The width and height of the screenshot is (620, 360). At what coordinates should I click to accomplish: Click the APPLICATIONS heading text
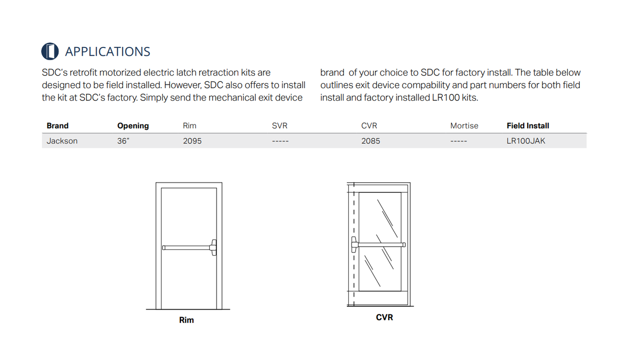[x=108, y=51]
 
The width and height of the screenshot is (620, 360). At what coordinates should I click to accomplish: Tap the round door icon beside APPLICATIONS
[x=50, y=51]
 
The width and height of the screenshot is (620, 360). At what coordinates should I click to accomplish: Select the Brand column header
[x=58, y=125]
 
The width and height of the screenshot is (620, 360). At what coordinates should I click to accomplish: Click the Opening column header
[x=133, y=125]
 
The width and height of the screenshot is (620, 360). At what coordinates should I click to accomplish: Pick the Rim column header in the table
[x=189, y=125]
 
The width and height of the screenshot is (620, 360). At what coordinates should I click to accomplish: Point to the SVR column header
[x=279, y=125]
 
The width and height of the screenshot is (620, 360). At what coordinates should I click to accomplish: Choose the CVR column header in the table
[x=369, y=125]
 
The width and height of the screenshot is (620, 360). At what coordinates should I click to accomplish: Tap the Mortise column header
[x=464, y=125]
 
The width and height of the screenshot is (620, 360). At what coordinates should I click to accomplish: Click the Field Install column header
[x=528, y=125]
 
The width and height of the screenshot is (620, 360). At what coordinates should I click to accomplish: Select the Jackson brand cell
[x=62, y=141]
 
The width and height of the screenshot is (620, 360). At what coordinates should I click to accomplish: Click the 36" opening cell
[x=123, y=141]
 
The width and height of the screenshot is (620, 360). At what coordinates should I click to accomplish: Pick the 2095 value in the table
[x=192, y=141]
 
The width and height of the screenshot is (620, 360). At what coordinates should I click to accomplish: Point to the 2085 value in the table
[x=371, y=141]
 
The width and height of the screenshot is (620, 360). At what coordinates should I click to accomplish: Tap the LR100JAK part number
[x=526, y=141]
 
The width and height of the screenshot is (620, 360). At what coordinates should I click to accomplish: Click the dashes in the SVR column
[x=280, y=141]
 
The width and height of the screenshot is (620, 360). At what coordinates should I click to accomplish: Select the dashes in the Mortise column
[x=459, y=141]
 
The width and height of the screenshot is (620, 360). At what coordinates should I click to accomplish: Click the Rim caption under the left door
[x=186, y=320]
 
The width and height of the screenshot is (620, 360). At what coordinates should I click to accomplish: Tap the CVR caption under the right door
[x=385, y=317]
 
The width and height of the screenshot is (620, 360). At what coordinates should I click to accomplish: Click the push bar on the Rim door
[x=189, y=248]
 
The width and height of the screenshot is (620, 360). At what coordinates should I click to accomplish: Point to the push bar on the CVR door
[x=379, y=245]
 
